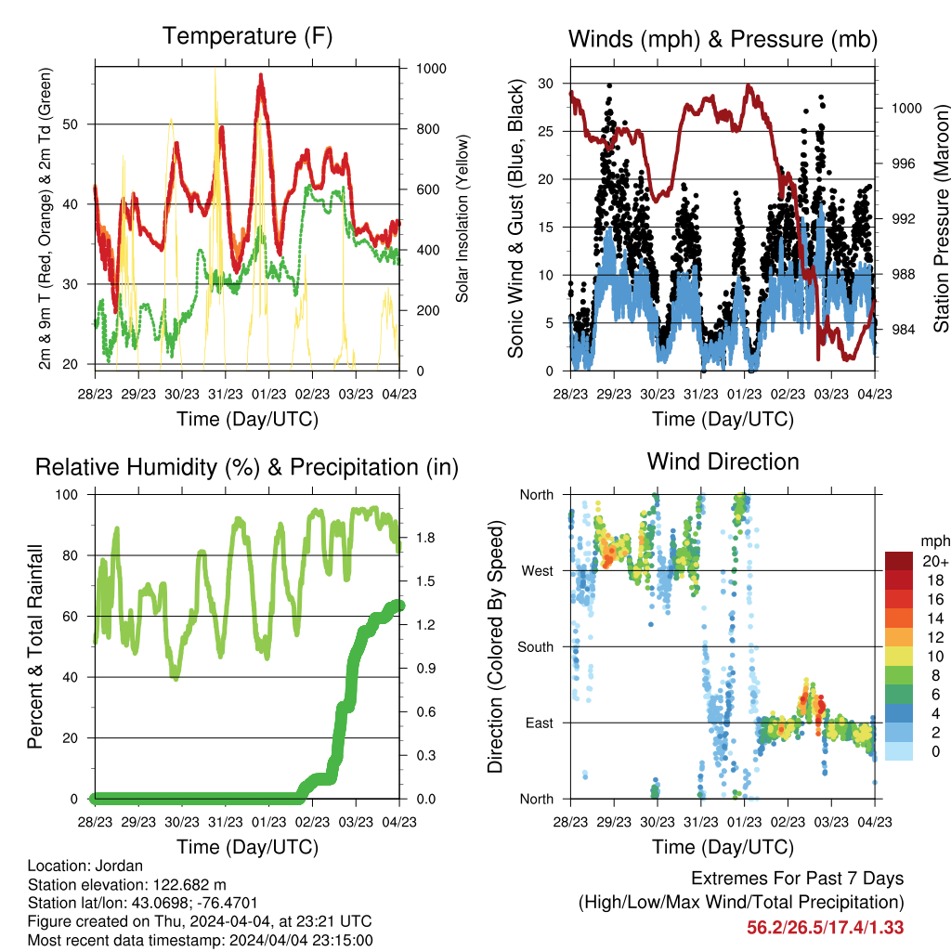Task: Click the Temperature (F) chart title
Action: coord(247,36)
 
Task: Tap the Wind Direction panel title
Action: coord(723,462)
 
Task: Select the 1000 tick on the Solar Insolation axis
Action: coord(431,69)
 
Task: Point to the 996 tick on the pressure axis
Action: coord(903,163)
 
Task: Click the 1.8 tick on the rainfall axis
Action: coord(425,538)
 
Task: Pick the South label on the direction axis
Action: coord(536,647)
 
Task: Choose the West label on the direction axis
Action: coord(538,571)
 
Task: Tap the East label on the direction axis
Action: coord(540,723)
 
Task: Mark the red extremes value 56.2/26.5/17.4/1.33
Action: coord(825,928)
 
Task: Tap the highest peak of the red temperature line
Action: coord(261,75)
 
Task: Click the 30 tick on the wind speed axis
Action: coord(546,84)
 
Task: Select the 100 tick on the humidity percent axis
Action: coord(67,495)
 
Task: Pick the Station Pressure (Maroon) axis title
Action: coord(941,218)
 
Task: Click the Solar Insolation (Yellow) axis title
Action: coord(462,218)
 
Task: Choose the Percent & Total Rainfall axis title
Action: coord(35,646)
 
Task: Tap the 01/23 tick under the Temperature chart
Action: coord(268,394)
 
